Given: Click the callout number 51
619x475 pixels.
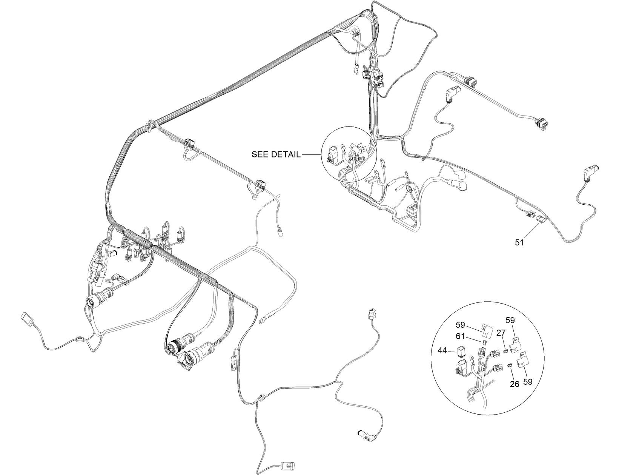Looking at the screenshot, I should (x=519, y=243).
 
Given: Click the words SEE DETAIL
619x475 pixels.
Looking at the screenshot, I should (x=276, y=154).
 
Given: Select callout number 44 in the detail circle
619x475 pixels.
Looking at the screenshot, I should (x=442, y=351).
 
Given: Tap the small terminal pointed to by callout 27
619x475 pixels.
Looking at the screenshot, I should (x=505, y=352).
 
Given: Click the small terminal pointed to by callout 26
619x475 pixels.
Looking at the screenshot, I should (x=510, y=365).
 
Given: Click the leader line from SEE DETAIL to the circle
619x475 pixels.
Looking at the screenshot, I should (x=311, y=154).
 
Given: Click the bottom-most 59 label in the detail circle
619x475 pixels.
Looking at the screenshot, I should (x=528, y=382).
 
